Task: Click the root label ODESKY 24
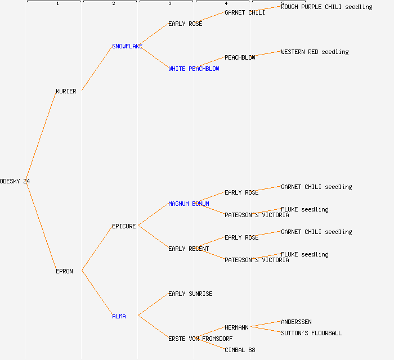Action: [15, 181]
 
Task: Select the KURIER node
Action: [66, 91]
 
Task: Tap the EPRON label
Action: [64, 271]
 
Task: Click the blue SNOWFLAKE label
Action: [127, 46]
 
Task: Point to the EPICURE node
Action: [124, 226]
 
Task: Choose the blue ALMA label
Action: [119, 316]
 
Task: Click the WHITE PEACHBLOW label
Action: [194, 69]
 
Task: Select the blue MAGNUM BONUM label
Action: [189, 204]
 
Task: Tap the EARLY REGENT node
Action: [189, 249]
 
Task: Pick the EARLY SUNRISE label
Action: [190, 294]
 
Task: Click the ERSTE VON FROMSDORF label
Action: [200, 339]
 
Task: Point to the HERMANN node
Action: [237, 327]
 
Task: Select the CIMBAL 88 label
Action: [240, 350]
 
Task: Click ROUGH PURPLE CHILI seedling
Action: [326, 7]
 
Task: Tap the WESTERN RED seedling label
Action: [315, 52]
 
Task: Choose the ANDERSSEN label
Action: [296, 322]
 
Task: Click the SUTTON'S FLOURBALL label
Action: [311, 333]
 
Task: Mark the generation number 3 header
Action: [169, 4]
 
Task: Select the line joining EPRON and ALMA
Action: [97, 294]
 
